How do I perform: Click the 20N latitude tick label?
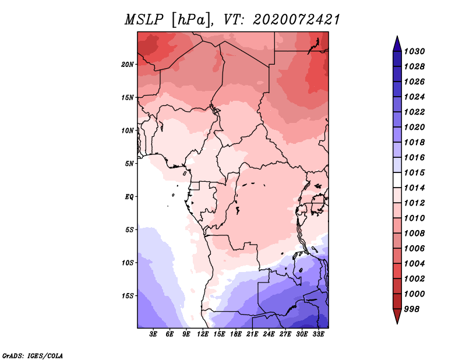coord(128,65)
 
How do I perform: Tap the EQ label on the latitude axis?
coord(129,197)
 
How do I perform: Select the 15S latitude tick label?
coord(128,296)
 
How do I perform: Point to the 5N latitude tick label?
coord(129,164)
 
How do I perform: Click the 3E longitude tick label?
coord(153,334)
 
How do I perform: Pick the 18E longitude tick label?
coord(236,334)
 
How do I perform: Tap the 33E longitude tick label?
coord(318,334)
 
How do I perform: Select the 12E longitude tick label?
coord(203,334)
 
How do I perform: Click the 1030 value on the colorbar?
coord(415,51)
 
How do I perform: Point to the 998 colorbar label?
coord(412,309)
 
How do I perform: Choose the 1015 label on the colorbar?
coord(415,172)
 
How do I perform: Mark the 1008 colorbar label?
coord(415,234)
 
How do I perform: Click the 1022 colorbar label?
coord(415,112)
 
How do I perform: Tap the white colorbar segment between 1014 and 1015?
coord(397,180)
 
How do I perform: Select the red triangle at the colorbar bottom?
coord(397,316)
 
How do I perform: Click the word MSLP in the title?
coord(144,20)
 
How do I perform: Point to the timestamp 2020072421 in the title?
coord(296,20)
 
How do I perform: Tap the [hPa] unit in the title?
coord(192,20)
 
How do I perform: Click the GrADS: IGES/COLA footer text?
coord(33,356)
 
